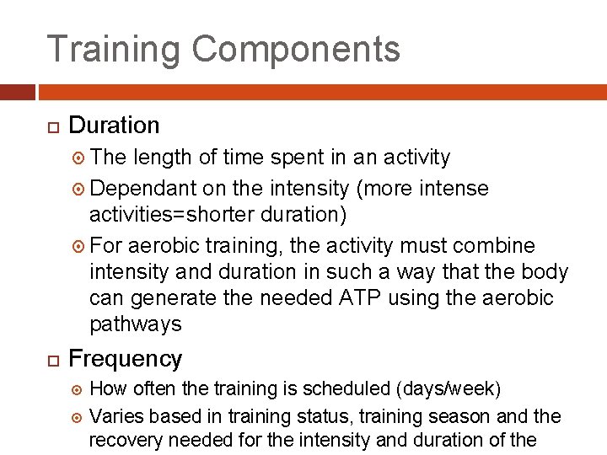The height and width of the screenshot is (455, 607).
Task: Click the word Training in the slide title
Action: [113, 50]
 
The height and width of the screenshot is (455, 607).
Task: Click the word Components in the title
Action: [296, 50]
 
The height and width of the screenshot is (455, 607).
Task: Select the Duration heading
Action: [114, 126]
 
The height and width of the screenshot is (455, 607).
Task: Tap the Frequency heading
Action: [125, 359]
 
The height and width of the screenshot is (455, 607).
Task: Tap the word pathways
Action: [135, 324]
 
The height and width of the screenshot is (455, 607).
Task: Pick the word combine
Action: [492, 246]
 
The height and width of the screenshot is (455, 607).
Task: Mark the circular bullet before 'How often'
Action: [73, 390]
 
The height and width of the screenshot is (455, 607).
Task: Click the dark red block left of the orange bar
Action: [17, 92]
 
